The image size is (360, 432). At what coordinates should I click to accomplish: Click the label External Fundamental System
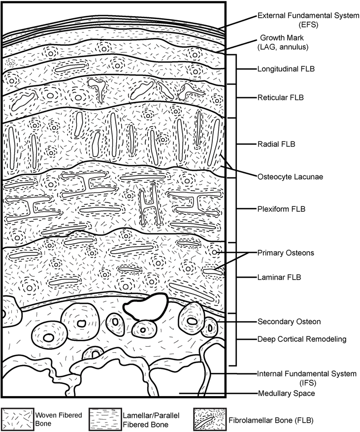(308, 16)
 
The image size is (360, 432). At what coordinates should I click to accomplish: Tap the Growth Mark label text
(282, 38)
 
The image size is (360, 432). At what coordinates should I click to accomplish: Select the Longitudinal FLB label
(286, 68)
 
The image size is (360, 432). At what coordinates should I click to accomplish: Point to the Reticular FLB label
(280, 98)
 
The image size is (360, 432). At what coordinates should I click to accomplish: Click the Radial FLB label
(276, 144)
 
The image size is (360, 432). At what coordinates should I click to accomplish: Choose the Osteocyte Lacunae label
(290, 177)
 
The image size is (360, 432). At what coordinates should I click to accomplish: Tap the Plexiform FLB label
(281, 209)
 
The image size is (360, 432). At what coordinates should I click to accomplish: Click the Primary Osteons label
(286, 253)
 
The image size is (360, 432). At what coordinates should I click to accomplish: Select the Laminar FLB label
(279, 277)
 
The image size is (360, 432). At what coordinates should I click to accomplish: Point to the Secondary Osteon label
(289, 322)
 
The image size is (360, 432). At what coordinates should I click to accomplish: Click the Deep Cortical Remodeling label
(301, 339)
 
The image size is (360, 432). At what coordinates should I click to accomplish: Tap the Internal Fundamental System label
(306, 374)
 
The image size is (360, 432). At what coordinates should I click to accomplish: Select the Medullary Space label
(286, 394)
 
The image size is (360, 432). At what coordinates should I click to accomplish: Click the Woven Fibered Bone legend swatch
(18, 420)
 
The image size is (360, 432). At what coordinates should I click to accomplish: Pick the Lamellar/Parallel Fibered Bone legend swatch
(105, 420)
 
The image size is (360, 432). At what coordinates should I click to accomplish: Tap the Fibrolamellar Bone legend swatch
(210, 420)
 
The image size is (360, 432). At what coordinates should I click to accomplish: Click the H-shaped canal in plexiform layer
(150, 204)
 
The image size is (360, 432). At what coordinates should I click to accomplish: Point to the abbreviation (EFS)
(308, 25)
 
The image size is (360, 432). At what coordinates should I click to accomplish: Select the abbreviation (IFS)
(307, 383)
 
